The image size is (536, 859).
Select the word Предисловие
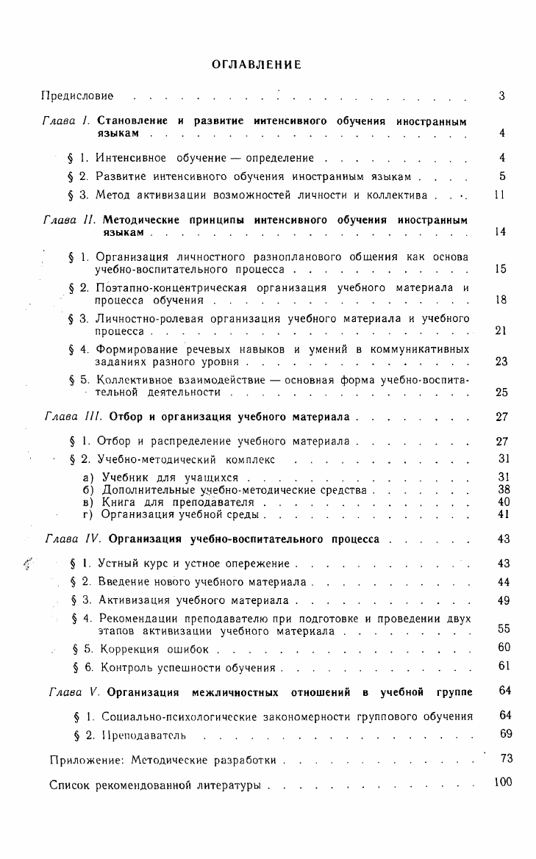[x=77, y=96]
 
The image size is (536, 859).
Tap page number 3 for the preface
[x=501, y=96]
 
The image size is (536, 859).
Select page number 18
[x=501, y=300]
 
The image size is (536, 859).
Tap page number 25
[x=501, y=392]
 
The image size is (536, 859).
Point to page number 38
[x=504, y=489]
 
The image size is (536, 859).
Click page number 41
[x=504, y=514]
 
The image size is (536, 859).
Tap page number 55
[x=504, y=629]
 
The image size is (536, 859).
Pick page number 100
[x=503, y=783]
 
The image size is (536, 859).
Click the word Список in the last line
[x=70, y=786]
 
